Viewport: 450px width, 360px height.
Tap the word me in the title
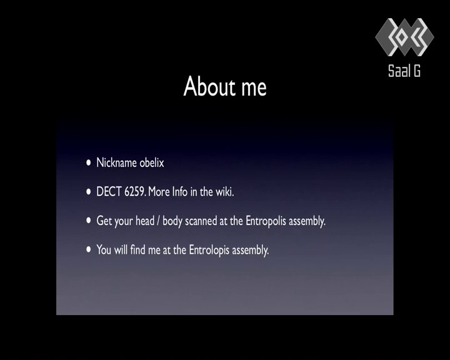254,88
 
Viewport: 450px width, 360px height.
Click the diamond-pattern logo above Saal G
404,37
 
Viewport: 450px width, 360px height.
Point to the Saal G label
404,71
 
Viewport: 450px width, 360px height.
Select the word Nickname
116,162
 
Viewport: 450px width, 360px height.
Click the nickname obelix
152,162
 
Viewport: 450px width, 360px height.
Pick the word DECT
109,192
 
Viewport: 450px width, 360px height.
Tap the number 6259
134,192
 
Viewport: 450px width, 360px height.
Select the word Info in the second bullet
179,192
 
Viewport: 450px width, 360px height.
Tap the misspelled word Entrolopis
209,251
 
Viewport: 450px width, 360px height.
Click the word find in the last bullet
137,250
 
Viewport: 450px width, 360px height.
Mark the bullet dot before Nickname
89,162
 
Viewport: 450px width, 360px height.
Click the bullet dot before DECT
89,192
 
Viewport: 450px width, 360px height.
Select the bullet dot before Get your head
89,221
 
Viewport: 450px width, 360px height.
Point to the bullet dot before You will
89,250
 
